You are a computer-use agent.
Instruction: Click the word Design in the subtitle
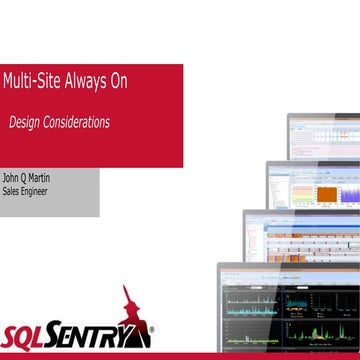(26, 122)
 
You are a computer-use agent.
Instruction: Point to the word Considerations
(78, 122)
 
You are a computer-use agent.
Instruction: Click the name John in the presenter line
(12, 179)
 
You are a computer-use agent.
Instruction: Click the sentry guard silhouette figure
(131, 310)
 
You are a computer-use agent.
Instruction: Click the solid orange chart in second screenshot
(328, 193)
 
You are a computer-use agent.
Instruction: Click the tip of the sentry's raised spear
(123, 286)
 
